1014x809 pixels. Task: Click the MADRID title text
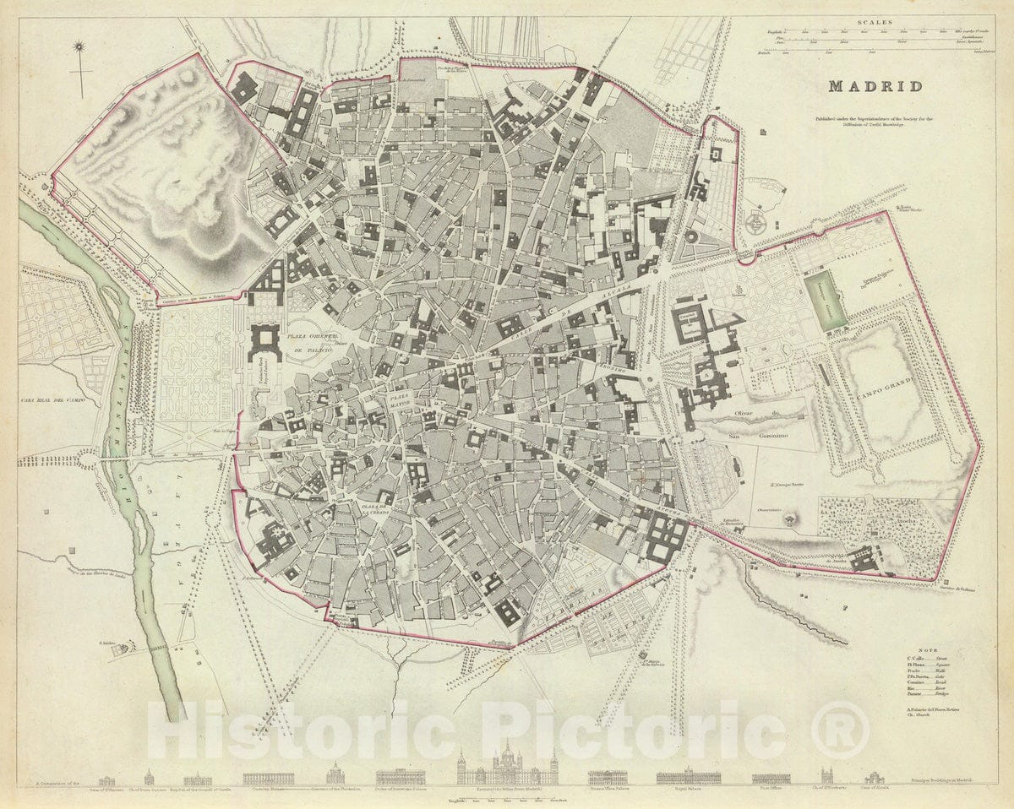[x=875, y=86]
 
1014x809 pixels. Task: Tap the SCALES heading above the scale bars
[x=875, y=24]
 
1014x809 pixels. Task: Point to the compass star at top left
[x=80, y=47]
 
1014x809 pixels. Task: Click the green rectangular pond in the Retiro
[x=825, y=301]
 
